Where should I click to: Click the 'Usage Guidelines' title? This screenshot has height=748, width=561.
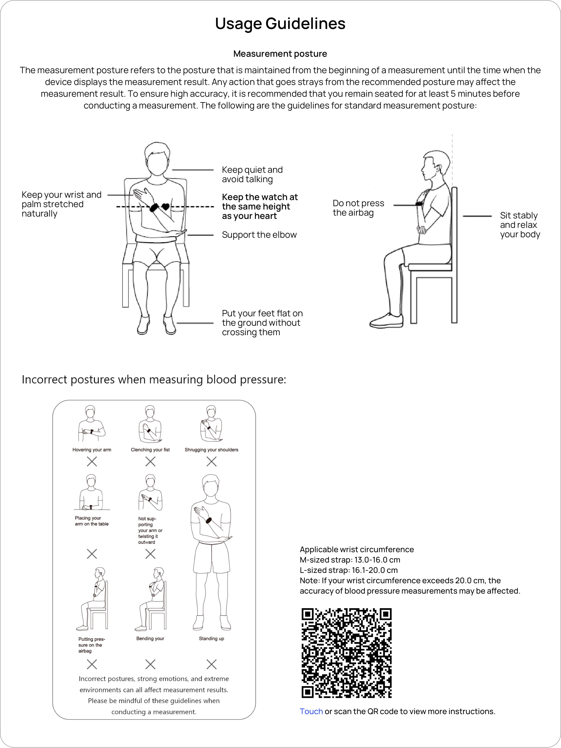280,24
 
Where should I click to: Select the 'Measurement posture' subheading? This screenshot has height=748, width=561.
280,54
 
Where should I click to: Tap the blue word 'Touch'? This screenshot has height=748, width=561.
311,711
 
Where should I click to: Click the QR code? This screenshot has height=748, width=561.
346,653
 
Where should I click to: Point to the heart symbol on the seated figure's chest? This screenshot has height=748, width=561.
165,206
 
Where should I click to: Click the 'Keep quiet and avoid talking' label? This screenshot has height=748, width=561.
252,174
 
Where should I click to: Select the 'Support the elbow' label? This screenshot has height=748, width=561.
259,235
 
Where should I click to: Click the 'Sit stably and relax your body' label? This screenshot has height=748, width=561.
520,225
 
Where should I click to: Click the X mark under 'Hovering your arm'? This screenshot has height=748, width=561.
92,462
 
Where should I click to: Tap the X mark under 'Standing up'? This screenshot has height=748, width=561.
211,664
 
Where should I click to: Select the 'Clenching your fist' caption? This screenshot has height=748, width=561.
150,450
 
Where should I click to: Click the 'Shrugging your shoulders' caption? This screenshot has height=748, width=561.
211,450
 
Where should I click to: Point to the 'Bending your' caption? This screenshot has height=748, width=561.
150,639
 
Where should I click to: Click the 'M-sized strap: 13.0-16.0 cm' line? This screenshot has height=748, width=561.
350,560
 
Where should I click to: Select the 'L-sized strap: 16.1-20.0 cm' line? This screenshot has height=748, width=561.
348,570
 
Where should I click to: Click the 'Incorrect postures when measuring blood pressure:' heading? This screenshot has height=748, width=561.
154,379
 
